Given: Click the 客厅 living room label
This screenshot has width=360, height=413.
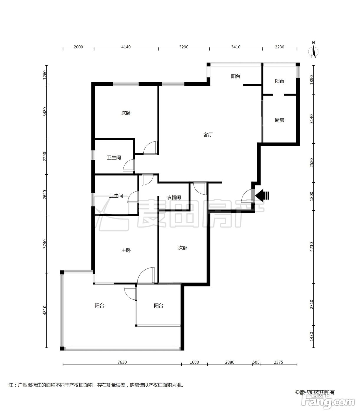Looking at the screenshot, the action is [x=208, y=135].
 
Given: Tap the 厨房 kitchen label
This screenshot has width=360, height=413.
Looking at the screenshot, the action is [x=279, y=120].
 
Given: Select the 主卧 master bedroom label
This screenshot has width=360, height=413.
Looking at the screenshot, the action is [x=126, y=250].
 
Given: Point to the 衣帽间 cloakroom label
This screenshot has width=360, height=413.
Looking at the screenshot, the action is [x=174, y=197].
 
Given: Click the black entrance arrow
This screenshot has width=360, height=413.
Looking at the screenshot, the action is [x=262, y=195].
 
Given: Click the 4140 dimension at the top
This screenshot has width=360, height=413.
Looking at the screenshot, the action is [x=126, y=47].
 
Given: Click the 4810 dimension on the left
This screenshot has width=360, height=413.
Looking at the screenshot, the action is [x=45, y=310].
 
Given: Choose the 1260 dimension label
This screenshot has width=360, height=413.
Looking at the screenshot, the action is [x=45, y=75].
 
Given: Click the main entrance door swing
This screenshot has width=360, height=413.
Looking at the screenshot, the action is [x=248, y=196].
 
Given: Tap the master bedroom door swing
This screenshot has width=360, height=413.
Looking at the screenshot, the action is [x=146, y=275].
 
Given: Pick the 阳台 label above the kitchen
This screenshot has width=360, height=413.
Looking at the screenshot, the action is [x=279, y=81].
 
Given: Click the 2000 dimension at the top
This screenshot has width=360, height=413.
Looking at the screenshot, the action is [x=78, y=47].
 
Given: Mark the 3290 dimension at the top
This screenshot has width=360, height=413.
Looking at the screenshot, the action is [x=184, y=47].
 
